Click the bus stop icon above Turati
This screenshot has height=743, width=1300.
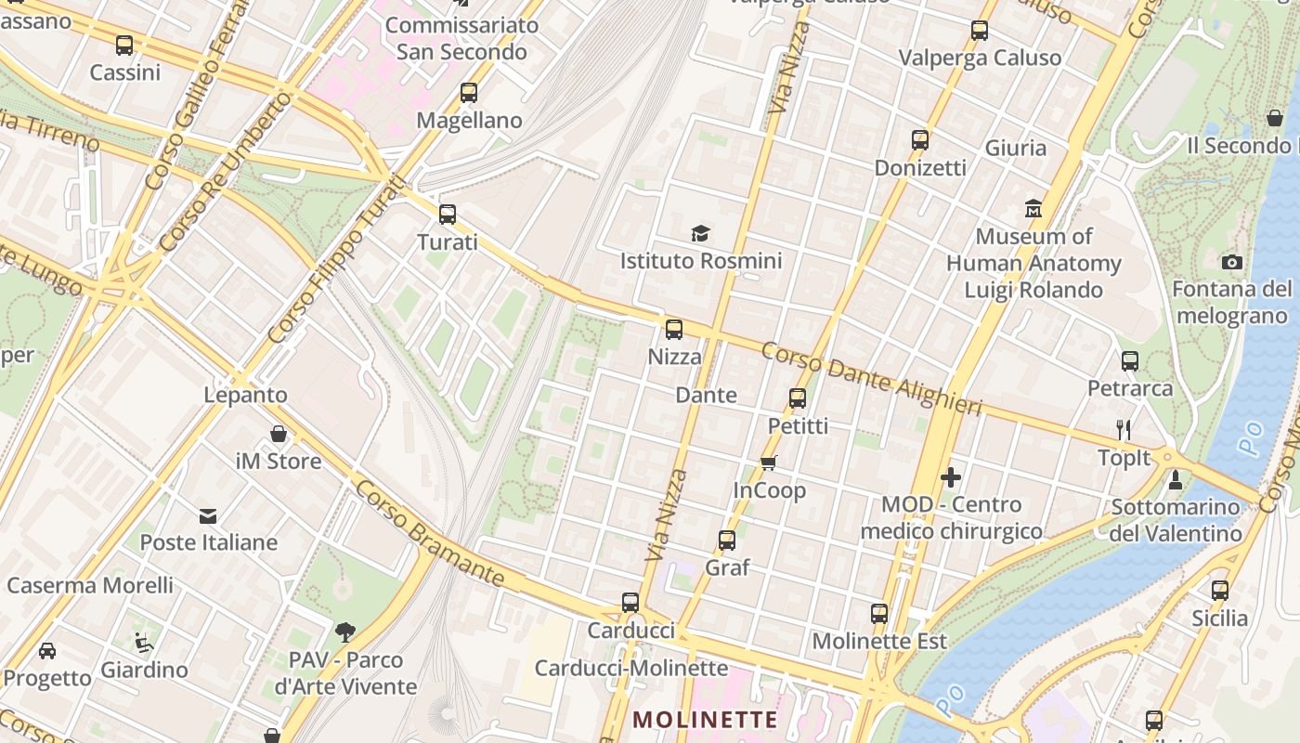(x=448, y=215)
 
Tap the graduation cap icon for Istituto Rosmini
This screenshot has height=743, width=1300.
(x=700, y=233)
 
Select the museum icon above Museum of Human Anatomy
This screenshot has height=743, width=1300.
(x=1033, y=208)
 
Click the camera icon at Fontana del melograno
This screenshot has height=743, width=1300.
(x=1232, y=262)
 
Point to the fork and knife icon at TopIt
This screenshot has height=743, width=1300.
(x=1124, y=429)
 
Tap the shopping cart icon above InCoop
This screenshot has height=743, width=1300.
(x=768, y=463)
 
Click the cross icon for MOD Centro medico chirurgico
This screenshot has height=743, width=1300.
(x=951, y=477)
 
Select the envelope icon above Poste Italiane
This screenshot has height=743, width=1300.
(x=208, y=515)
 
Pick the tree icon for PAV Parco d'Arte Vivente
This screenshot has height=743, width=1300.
(x=345, y=632)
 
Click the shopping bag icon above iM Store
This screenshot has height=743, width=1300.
(x=278, y=434)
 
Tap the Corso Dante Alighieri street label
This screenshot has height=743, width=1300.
(x=871, y=379)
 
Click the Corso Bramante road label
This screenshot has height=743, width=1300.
(x=429, y=534)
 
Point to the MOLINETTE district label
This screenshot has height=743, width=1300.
(x=705, y=720)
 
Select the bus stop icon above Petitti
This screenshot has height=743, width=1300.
(x=797, y=398)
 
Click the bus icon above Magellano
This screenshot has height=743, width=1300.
(x=469, y=93)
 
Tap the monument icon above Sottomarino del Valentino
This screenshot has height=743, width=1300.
(x=1175, y=479)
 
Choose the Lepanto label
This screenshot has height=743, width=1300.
(x=246, y=395)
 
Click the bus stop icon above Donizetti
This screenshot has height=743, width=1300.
(x=919, y=140)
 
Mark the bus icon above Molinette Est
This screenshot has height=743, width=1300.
(x=878, y=613)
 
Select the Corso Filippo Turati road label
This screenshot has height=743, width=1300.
(x=336, y=260)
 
